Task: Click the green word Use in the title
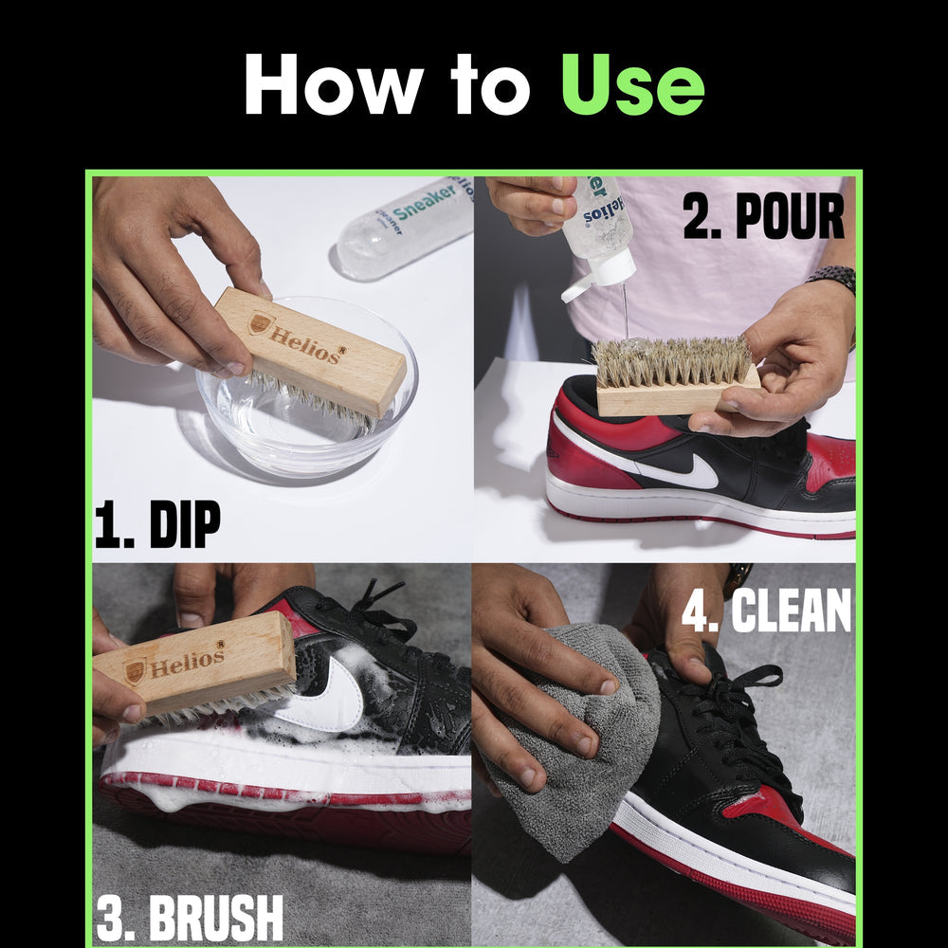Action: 631,84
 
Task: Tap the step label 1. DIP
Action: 157,524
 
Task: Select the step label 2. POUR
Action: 763,217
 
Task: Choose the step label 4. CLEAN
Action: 767,612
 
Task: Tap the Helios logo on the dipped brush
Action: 262,323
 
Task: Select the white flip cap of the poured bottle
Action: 599,277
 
